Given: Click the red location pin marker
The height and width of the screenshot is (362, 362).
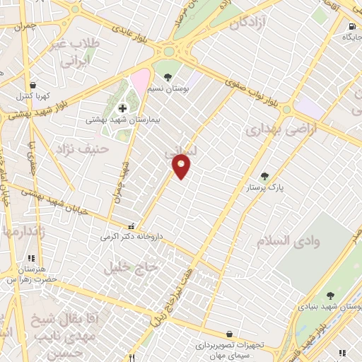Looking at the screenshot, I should click(x=182, y=166).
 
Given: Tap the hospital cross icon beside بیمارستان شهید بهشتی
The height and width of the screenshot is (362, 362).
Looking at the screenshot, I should click(x=123, y=108).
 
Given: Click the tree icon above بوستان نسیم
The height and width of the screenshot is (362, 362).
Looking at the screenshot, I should click(x=168, y=78).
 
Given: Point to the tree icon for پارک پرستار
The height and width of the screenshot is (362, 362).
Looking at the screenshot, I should click(x=265, y=177).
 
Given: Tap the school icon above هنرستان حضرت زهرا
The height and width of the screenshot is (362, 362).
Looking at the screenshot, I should click(x=30, y=259).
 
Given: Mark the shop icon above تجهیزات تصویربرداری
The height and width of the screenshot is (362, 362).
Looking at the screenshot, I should click(x=229, y=334).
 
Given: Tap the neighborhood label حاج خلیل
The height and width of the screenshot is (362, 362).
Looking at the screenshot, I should click(x=129, y=268).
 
